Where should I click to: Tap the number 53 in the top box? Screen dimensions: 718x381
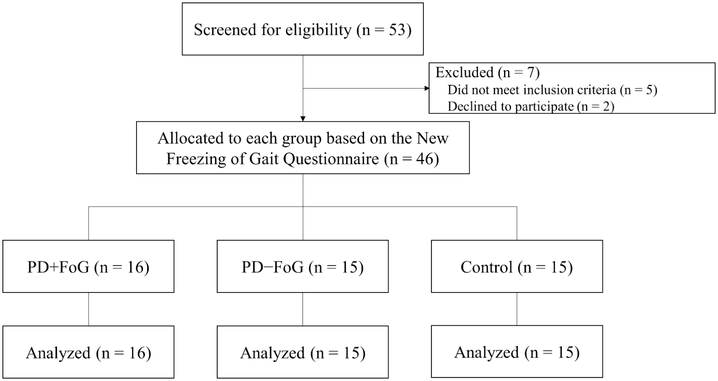click(397, 30)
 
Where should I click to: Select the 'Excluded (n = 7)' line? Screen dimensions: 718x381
click(487, 73)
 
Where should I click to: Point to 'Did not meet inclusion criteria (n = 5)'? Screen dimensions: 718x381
click(552, 90)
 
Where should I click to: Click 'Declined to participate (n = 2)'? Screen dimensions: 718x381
click(531, 107)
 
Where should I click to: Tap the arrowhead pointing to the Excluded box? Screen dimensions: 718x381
click(427, 88)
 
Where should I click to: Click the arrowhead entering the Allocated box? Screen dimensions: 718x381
click(303, 119)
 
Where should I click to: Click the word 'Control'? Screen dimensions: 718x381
click(486, 267)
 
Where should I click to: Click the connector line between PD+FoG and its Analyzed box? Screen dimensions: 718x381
click(89, 309)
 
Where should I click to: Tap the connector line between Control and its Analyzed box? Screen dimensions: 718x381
click(517, 309)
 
